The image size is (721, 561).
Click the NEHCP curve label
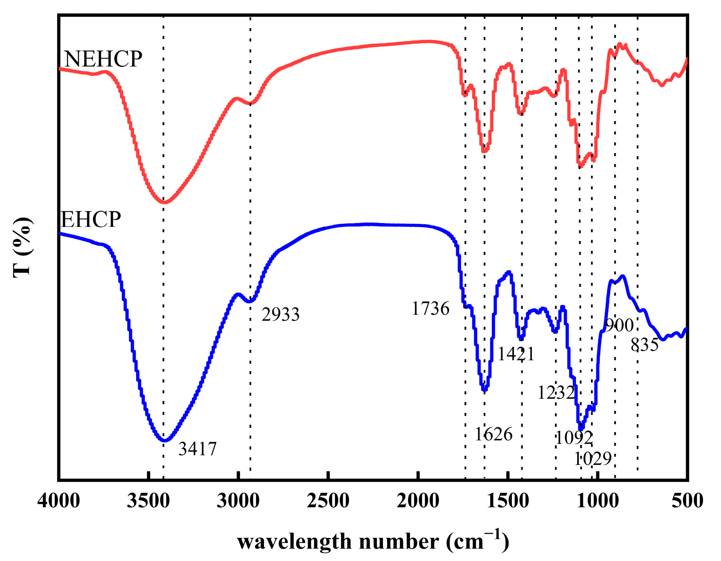pos(103,59)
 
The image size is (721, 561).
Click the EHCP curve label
pos(91,220)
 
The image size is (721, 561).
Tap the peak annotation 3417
pos(197,449)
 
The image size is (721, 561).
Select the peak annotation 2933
pos(281,315)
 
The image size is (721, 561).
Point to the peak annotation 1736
pos(430,309)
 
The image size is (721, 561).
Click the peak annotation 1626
pos(494,434)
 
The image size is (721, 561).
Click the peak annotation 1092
pos(574,438)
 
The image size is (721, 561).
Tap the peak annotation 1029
pos(593,459)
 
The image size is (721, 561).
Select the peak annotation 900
pos(619,326)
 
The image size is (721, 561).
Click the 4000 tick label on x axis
pos(59,501)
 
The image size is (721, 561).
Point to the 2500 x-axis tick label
pos(328,501)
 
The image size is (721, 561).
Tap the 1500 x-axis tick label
pos(508,501)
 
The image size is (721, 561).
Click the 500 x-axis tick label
pos(687,501)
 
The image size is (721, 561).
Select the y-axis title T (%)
pos(22,247)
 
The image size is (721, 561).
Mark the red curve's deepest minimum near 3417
pos(164,202)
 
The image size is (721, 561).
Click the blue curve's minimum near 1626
pos(484,390)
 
